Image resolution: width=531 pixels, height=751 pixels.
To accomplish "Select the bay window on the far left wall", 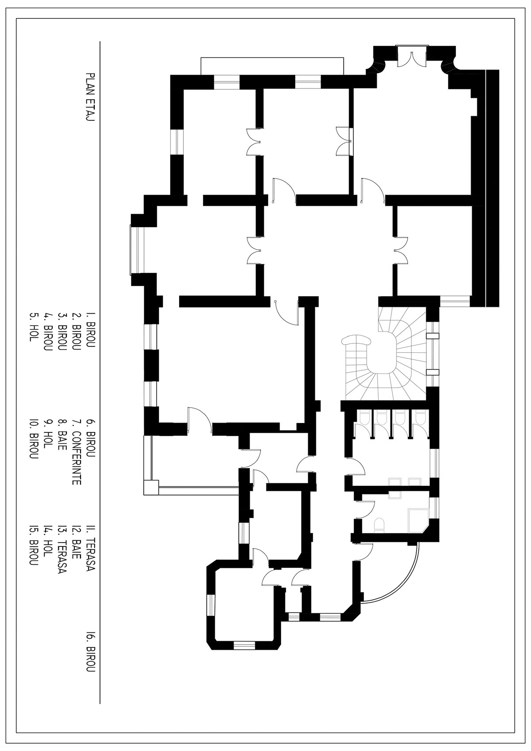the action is click(x=134, y=250).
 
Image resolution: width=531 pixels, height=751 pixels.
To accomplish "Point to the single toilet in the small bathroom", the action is click(x=379, y=525).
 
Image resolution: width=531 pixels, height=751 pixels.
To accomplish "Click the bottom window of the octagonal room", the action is click(x=244, y=645).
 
